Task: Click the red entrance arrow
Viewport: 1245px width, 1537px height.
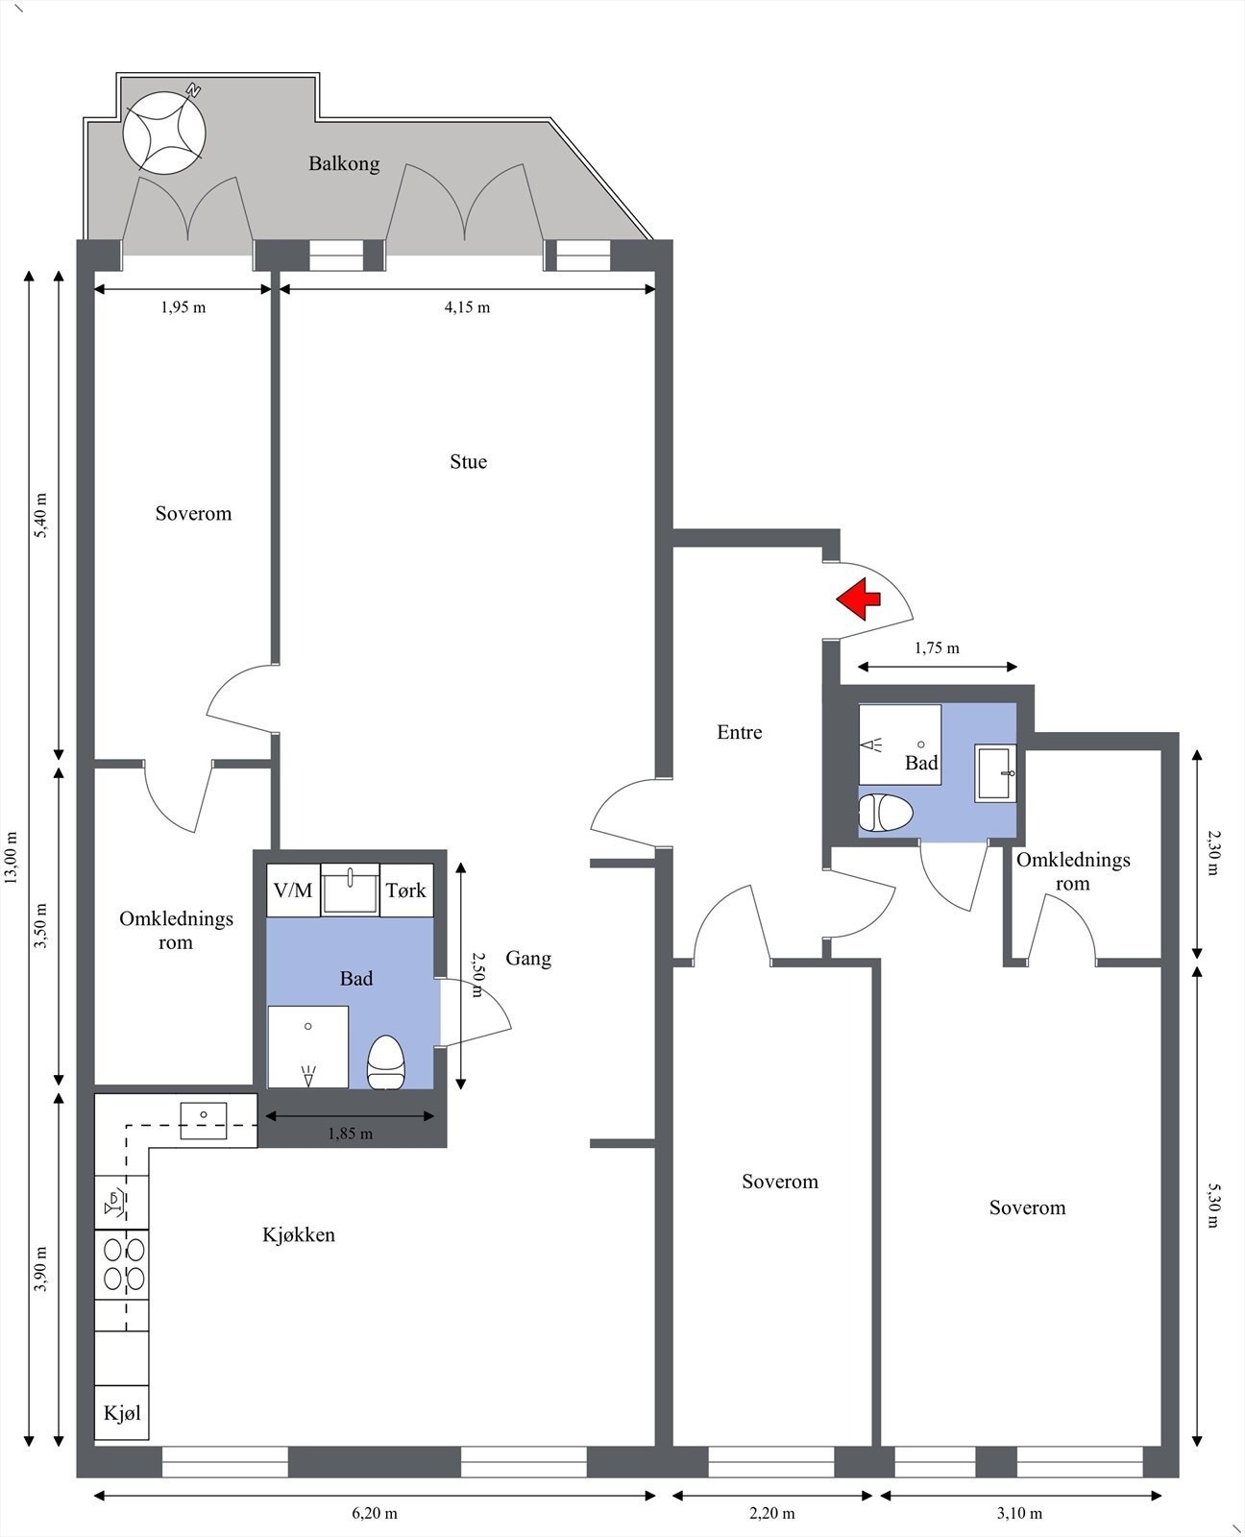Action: [x=859, y=598]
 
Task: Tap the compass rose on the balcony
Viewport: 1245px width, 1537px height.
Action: [x=164, y=133]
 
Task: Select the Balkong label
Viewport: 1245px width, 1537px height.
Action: [x=344, y=164]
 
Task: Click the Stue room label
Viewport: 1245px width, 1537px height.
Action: [x=469, y=462]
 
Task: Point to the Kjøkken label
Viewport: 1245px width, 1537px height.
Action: [x=299, y=1234]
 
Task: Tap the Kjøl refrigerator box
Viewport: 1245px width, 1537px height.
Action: [x=122, y=1413]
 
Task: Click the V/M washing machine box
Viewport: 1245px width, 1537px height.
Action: [x=293, y=890]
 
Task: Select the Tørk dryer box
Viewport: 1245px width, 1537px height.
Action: [x=406, y=890]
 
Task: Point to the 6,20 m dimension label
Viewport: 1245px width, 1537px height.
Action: [x=375, y=1513]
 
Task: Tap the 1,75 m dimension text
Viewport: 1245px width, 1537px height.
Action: [x=937, y=648]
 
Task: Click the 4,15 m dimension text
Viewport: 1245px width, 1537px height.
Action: [x=467, y=307]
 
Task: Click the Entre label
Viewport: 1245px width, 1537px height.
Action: [x=740, y=732]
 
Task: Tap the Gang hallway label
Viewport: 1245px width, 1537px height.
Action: [x=528, y=959]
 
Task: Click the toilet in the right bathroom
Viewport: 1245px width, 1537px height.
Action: [x=887, y=813]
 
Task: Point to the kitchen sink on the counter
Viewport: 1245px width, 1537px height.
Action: [x=203, y=1121]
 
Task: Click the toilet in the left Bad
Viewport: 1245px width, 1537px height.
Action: [x=385, y=1061]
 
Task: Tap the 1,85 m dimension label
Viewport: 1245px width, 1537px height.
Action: [x=350, y=1134]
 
